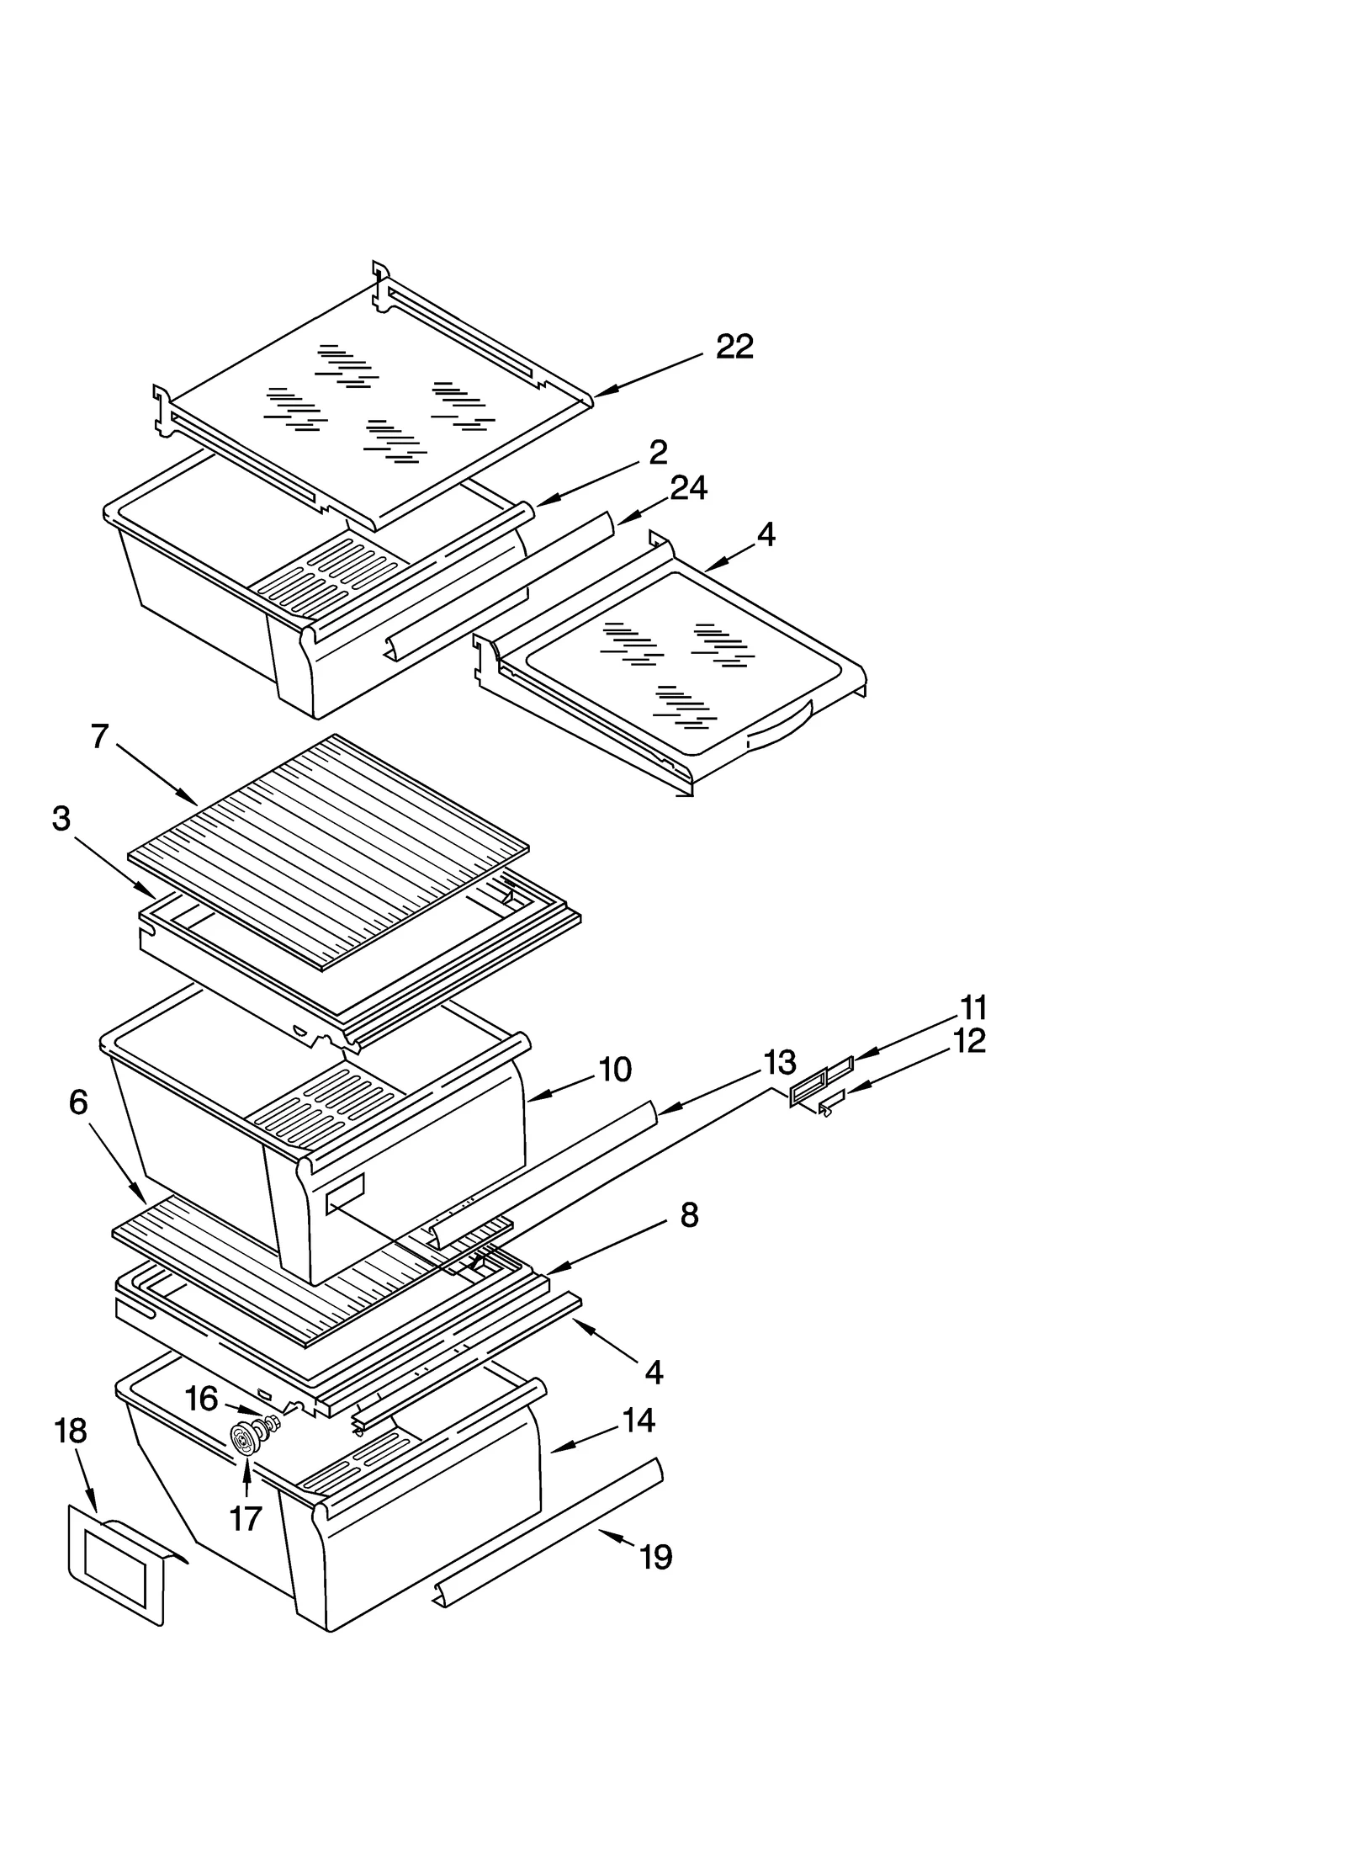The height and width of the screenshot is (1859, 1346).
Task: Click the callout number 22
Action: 734,347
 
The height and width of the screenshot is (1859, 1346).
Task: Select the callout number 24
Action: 688,488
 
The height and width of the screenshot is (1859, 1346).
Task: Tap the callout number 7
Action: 100,736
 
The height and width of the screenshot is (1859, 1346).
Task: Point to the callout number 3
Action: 61,819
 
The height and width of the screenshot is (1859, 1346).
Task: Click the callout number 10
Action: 614,1070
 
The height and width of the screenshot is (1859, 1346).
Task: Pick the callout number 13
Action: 779,1063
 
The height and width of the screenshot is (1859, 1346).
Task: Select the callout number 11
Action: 972,1007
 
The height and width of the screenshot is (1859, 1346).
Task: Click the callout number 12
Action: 969,1041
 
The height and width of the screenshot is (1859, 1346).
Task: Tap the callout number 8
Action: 689,1215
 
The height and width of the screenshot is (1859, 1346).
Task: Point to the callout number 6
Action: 78,1102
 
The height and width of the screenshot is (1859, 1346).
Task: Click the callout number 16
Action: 201,1399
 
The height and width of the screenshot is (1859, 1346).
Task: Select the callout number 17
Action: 246,1519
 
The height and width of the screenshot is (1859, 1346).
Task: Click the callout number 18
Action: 71,1431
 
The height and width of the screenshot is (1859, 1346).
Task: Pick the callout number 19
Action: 655,1558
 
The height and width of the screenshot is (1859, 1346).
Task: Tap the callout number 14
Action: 639,1421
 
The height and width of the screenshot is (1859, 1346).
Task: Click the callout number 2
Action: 658,453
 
